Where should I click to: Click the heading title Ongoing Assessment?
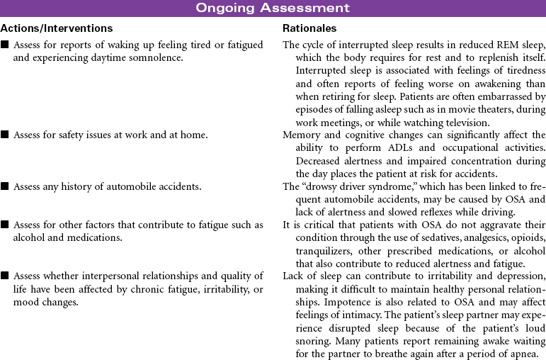(273, 9)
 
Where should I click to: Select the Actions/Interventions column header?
(57, 28)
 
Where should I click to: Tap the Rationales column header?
(309, 28)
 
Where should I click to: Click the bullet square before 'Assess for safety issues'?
(5, 135)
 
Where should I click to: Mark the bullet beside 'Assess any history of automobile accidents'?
(5, 187)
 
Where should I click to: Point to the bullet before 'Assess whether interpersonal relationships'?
(5, 276)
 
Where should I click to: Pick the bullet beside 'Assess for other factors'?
(5, 225)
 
